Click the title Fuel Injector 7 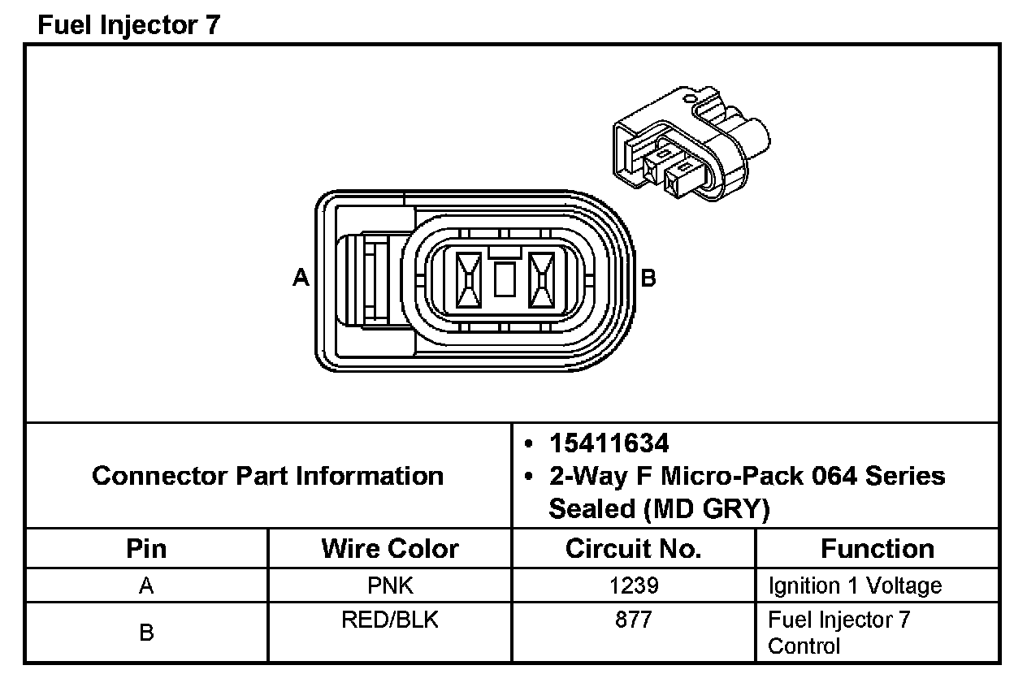(129, 24)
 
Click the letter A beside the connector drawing (301, 277)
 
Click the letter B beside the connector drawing (648, 278)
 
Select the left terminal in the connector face (469, 280)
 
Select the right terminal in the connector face (541, 280)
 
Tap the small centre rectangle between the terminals (505, 279)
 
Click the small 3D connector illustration (691, 143)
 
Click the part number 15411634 (609, 443)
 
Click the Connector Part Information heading (268, 475)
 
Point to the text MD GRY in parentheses (706, 508)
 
